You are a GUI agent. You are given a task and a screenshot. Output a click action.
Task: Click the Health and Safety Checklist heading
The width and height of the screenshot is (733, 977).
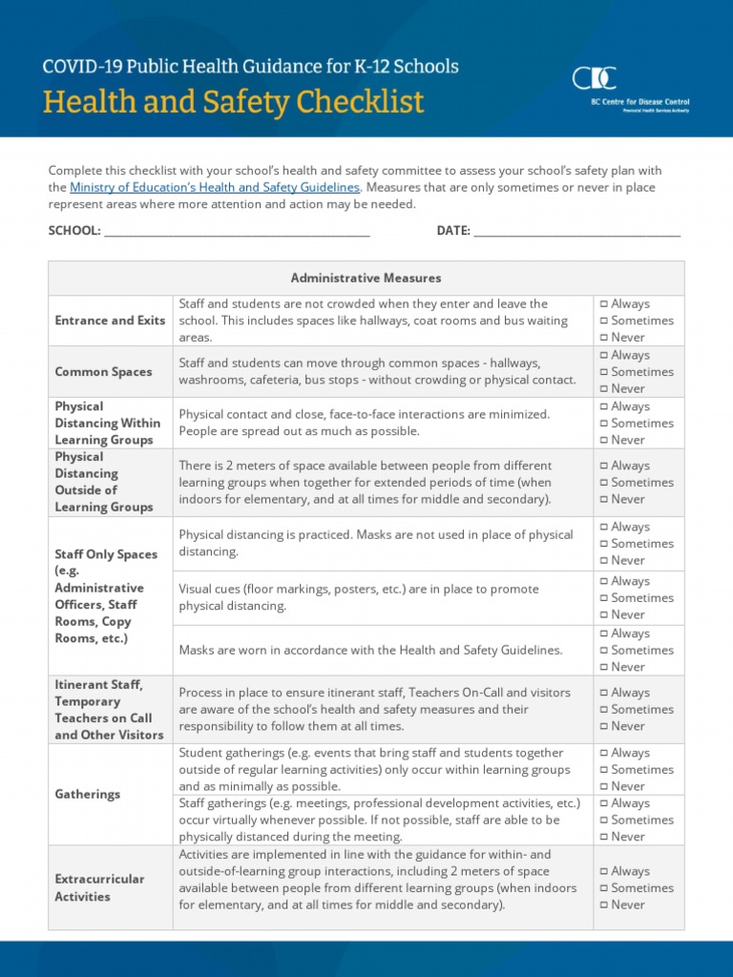233,101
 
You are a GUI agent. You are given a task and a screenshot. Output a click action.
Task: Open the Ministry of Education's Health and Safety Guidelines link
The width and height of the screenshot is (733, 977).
215,188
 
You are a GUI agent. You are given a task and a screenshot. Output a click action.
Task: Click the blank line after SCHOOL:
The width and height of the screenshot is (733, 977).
236,231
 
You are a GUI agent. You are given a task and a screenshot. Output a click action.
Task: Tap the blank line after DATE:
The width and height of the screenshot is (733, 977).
576,231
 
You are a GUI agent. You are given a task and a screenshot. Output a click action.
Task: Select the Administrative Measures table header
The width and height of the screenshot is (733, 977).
366,278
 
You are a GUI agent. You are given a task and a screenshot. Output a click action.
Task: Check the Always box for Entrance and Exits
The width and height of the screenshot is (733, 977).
604,304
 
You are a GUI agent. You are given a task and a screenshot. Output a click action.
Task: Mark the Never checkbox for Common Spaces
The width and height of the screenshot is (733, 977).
604,389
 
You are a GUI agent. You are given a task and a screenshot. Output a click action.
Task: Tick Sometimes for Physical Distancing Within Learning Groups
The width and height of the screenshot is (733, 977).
604,424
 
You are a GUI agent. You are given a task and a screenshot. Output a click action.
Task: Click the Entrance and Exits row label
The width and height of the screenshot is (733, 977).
110,321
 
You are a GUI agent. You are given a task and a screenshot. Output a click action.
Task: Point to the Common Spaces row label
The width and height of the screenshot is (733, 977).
103,372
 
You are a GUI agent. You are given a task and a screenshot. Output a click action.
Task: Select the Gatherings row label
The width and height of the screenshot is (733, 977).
88,794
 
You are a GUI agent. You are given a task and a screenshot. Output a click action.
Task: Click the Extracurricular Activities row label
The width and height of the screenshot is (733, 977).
99,887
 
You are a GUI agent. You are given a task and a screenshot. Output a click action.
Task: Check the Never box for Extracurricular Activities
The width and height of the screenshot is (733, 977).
604,905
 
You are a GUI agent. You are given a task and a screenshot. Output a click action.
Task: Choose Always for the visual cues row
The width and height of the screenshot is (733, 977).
604,582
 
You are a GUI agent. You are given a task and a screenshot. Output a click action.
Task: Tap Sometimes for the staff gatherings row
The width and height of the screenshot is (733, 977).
604,821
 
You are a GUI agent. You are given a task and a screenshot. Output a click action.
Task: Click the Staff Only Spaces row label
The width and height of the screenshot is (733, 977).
105,596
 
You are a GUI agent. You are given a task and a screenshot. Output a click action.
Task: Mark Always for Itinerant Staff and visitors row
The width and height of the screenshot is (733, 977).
604,694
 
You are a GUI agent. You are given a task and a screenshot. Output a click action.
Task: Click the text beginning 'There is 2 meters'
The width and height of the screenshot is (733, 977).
366,483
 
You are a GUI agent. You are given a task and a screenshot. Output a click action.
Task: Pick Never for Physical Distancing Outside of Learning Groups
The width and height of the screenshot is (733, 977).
604,500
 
